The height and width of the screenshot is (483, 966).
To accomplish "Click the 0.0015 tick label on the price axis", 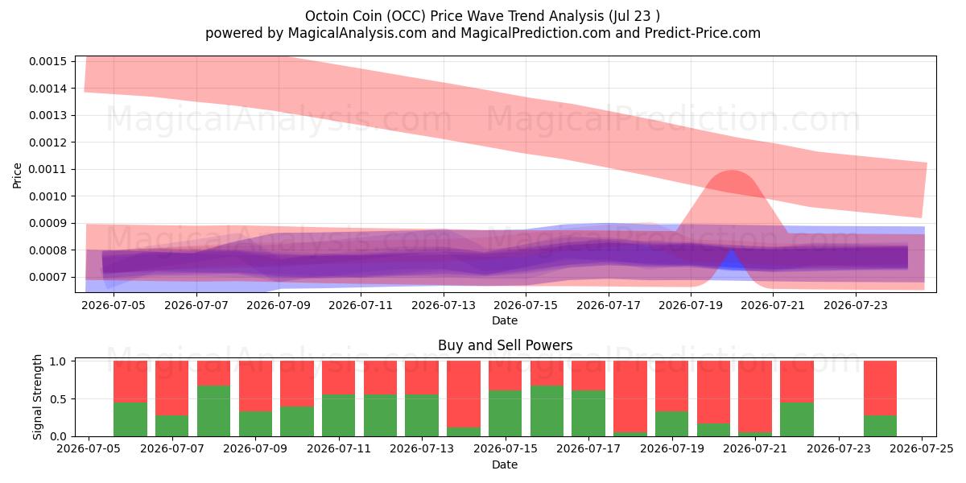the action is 47,61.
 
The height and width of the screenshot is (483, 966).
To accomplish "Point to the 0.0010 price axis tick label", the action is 47,196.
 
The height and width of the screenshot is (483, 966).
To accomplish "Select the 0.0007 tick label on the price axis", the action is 47,277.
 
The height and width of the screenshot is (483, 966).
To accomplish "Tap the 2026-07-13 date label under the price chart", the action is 444,305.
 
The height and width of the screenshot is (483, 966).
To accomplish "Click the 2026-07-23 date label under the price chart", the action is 856,305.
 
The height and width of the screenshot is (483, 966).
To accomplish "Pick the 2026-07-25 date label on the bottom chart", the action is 922,449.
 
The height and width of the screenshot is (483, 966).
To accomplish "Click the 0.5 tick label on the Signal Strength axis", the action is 58,399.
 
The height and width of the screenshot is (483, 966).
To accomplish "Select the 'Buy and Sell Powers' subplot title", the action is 505,345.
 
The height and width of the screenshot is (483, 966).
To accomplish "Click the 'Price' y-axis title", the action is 17,175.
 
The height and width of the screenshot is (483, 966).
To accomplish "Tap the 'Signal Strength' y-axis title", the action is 38,397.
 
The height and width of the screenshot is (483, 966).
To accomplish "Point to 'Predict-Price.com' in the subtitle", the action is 703,33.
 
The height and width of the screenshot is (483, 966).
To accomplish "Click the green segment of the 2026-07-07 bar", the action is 172,426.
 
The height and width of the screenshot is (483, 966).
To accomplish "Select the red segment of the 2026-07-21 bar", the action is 755,396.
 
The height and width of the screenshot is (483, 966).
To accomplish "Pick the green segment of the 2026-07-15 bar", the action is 505,413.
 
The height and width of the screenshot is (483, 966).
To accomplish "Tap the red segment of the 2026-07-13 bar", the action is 422,378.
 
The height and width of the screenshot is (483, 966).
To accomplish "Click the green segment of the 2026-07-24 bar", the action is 880,426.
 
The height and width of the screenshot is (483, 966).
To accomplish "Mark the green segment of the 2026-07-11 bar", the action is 339,415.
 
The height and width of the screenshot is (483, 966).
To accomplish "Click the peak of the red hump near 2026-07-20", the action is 732,171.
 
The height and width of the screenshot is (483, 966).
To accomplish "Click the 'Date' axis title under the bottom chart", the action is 505,464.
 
